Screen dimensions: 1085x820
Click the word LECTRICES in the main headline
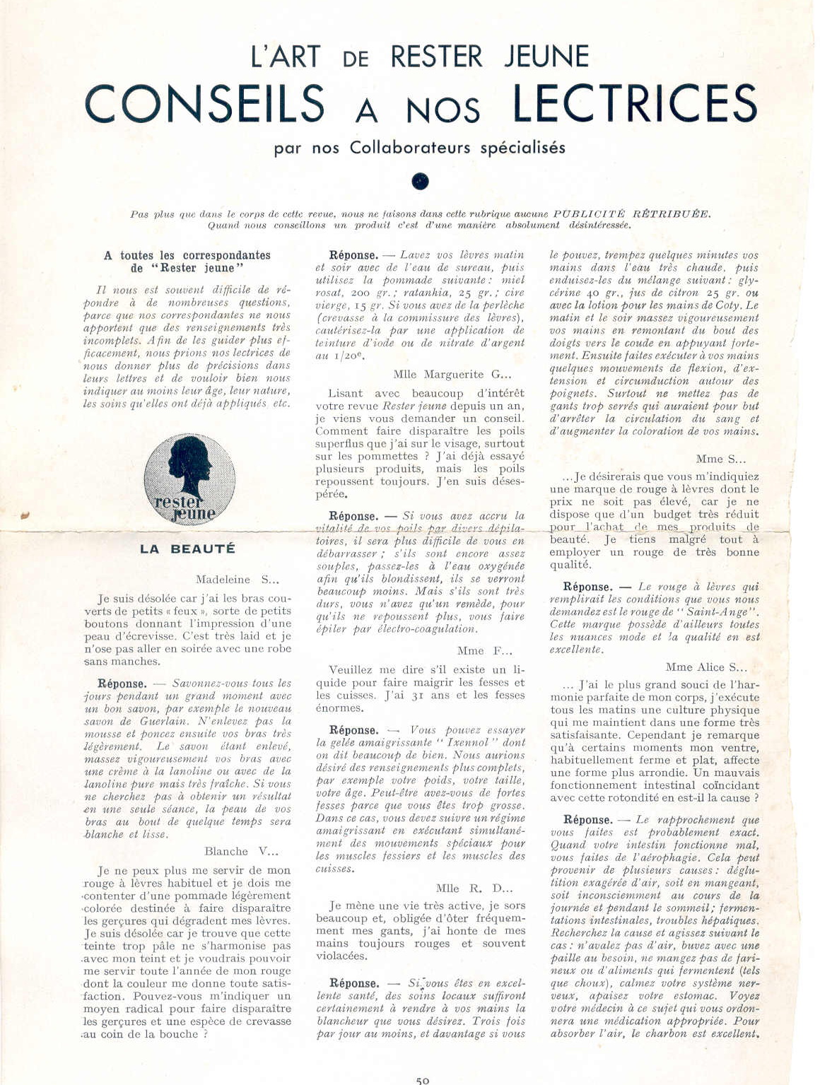point(634,103)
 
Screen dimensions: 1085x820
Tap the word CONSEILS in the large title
point(205,104)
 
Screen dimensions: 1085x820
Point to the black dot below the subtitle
point(420,182)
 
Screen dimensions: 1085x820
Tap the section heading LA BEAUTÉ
point(187,549)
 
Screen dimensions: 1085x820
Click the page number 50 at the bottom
point(423,1080)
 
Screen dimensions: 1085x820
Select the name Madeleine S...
point(238,580)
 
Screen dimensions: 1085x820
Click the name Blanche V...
point(241,852)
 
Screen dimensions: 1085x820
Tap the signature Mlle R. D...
point(474,888)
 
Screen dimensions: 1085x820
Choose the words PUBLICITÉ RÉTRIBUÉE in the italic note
point(631,214)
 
